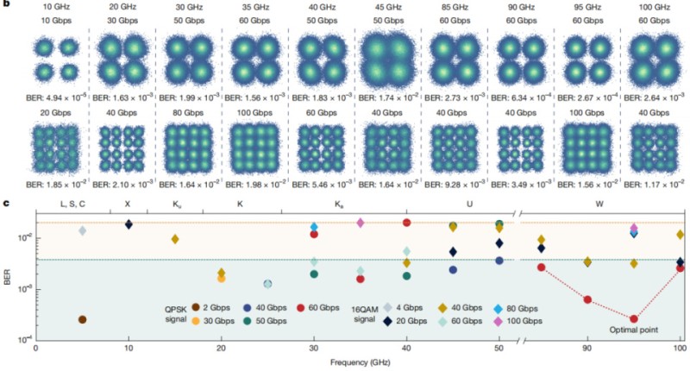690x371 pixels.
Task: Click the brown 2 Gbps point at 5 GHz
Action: (82, 319)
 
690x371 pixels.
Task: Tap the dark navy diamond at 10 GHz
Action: (129, 224)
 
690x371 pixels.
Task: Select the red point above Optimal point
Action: (634, 318)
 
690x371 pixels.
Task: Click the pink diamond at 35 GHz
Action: (361, 223)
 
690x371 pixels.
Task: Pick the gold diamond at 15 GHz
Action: (175, 239)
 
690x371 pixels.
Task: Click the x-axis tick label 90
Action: (587, 349)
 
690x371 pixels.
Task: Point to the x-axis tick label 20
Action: (221, 349)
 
